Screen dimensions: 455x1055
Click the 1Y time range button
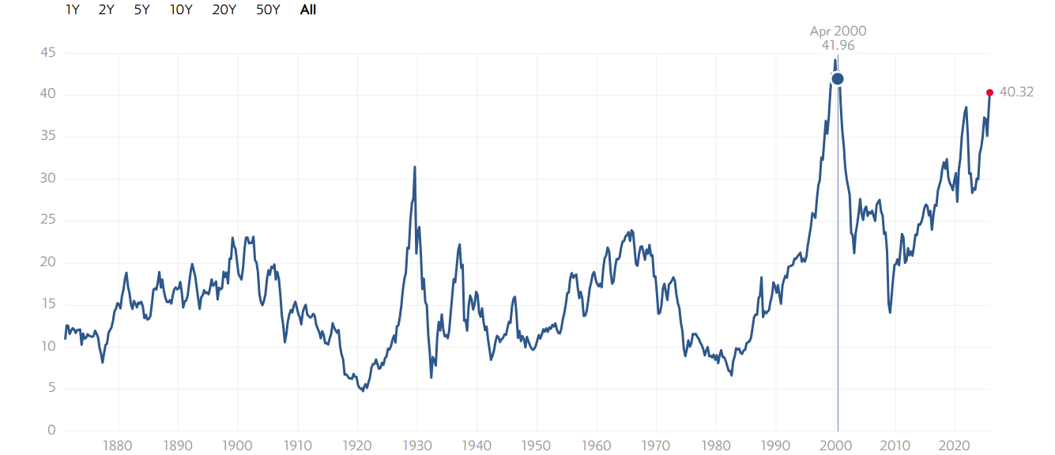pos(73,10)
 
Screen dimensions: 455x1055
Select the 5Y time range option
pos(142,10)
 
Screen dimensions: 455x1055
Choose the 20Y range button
pos(224,10)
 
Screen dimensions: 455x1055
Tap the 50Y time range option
pos(269,10)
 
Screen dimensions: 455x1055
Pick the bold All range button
pos(308,10)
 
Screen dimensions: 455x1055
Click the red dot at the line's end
pos(989,92)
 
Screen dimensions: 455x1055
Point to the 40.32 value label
pos(1016,92)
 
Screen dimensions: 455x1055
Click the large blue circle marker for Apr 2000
pos(838,78)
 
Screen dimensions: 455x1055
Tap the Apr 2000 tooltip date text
pos(838,32)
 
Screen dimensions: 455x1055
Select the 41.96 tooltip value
pos(838,46)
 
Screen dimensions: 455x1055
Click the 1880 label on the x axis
pos(118,446)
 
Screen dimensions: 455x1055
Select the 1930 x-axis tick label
pos(416,446)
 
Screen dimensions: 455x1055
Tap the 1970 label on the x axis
pos(656,446)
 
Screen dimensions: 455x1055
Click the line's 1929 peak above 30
pos(415,167)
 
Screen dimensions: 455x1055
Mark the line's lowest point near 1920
pos(363,391)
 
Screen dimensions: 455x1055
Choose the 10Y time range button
pos(181,10)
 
